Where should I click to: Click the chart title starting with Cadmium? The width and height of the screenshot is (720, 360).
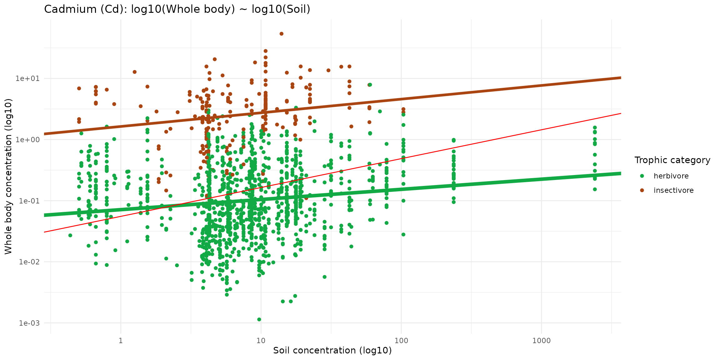tap(177, 9)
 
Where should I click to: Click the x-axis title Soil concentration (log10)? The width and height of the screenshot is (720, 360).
tap(332, 350)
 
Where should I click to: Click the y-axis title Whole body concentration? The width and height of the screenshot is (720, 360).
tap(8, 176)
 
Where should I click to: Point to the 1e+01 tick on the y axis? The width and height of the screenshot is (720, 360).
tap(28, 78)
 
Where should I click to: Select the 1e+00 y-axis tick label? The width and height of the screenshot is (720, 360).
tap(28, 139)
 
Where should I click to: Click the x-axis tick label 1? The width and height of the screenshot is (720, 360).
tap(121, 340)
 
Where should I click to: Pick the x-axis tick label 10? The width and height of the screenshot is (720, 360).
tap(261, 340)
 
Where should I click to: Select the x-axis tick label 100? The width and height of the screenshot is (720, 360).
tap(401, 340)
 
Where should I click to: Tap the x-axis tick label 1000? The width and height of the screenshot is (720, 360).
tap(541, 340)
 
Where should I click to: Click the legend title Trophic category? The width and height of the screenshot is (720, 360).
tap(672, 160)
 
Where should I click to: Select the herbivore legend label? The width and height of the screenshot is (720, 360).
tap(671, 176)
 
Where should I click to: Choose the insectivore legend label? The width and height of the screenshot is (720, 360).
tap(673, 190)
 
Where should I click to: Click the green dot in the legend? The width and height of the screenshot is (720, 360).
tap(642, 176)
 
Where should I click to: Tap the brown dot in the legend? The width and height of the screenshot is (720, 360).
tap(642, 190)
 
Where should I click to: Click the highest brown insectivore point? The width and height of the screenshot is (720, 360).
tap(281, 34)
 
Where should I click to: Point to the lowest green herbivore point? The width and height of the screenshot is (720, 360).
tap(259, 319)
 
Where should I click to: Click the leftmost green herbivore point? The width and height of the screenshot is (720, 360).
tap(70, 235)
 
